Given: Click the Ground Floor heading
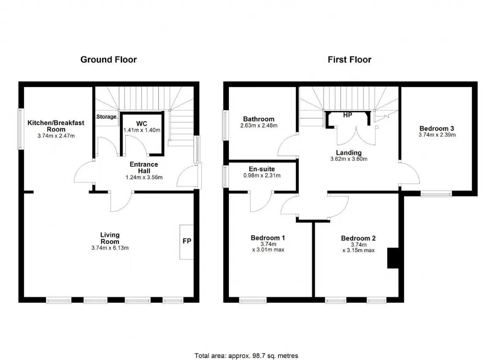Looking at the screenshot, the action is [109, 60].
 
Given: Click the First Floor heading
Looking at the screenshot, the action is [349, 60].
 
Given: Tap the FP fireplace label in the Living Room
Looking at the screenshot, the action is [187, 241].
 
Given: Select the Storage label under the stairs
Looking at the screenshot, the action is [106, 116].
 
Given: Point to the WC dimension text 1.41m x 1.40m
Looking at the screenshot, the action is [142, 130].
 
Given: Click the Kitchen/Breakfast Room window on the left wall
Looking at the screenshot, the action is [20, 129].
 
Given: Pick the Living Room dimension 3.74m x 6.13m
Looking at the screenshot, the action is [110, 248].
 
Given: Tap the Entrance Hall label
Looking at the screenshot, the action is [144, 167].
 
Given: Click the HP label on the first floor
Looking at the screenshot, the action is [348, 115].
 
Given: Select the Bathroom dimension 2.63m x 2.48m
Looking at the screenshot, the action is [259, 126].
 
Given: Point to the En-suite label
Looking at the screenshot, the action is [262, 169].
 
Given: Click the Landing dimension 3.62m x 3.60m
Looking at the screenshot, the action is [349, 159].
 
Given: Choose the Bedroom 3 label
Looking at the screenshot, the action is [437, 128].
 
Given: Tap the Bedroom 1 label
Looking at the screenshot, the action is [268, 238].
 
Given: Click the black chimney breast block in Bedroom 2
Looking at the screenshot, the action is [393, 258].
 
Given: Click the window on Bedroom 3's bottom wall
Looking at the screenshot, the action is [436, 194].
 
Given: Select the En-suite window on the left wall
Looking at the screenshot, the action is [225, 177].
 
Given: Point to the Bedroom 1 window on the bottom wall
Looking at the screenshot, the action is [253, 300].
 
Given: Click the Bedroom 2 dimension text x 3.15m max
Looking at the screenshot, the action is [358, 251].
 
